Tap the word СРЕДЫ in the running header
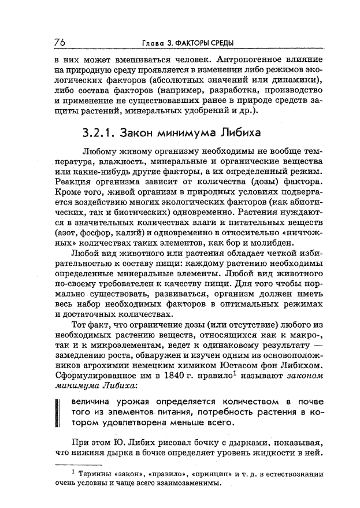(x=225, y=43)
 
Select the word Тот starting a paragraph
(x=79, y=326)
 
